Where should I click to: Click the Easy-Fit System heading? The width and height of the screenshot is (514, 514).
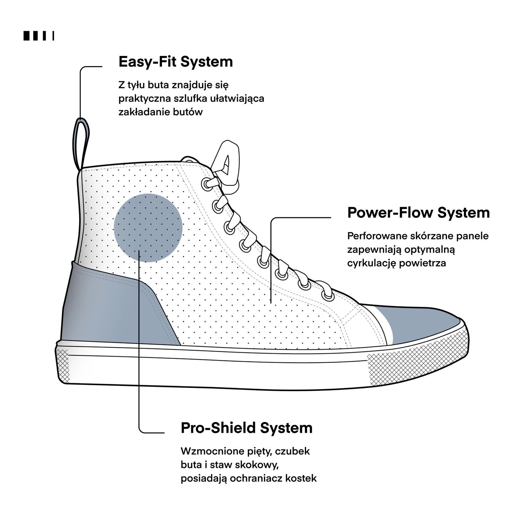(x=176, y=62)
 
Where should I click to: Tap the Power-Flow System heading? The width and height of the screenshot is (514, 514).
(x=419, y=213)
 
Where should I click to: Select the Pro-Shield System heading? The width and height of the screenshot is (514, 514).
(x=247, y=428)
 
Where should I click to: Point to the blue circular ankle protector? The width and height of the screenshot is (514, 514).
(x=148, y=228)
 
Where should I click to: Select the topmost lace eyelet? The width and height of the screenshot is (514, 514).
(x=206, y=184)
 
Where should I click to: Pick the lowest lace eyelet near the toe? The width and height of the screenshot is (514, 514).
(x=328, y=296)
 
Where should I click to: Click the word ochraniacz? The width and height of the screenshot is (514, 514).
(x=257, y=478)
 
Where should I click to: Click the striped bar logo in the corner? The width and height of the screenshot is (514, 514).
(x=39, y=36)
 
